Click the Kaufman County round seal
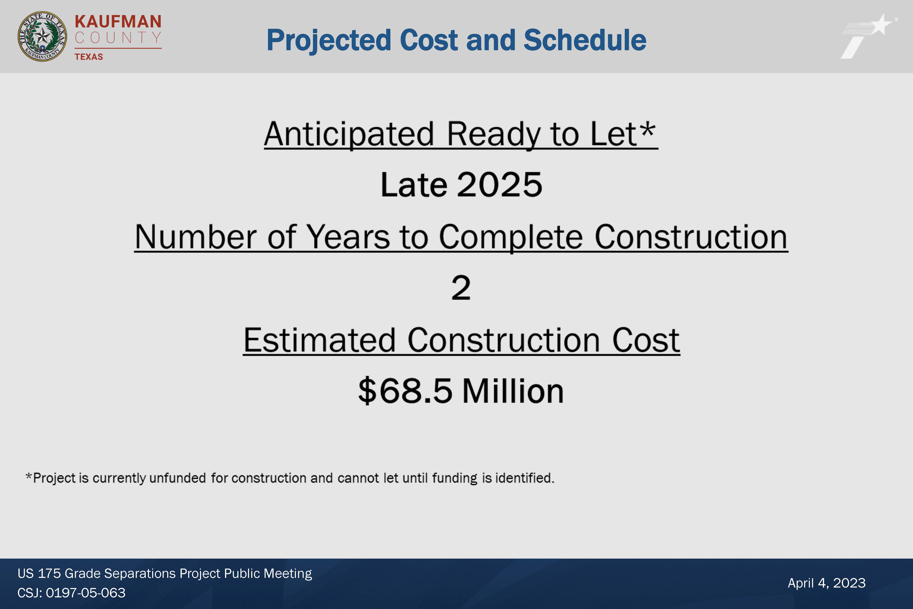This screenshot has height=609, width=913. click(42, 36)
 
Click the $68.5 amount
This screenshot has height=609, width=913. click(405, 391)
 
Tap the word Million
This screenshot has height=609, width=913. click(513, 391)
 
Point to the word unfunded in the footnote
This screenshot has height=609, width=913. click(177, 478)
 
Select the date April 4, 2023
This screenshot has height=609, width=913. click(826, 583)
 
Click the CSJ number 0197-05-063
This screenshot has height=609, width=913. click(85, 593)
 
